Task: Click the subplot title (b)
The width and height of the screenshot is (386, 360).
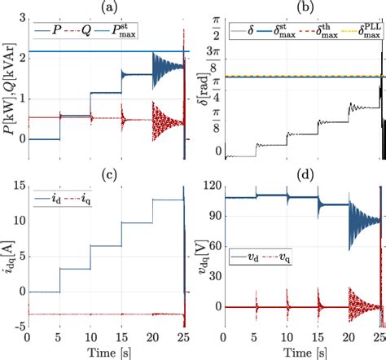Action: (x=301, y=7)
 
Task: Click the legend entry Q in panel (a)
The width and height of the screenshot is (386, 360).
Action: (x=92, y=32)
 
